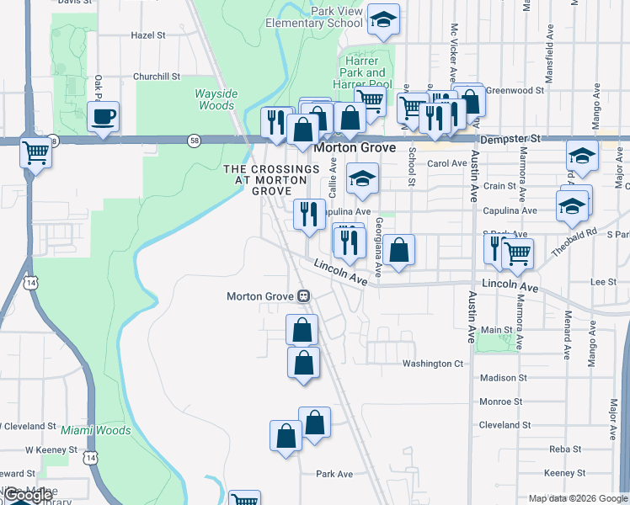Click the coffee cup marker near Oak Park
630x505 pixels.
104,117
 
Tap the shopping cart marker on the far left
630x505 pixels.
36,154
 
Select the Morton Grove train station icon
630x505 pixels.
303,296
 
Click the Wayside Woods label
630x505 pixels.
216,99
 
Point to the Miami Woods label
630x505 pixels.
101,431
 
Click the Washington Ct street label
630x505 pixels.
433,364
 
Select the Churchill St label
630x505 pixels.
157,77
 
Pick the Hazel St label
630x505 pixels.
148,36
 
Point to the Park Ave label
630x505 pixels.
334,474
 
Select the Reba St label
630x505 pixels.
561,449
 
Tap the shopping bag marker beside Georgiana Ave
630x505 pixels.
402,250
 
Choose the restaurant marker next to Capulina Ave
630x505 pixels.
309,214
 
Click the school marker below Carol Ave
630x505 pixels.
363,178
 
